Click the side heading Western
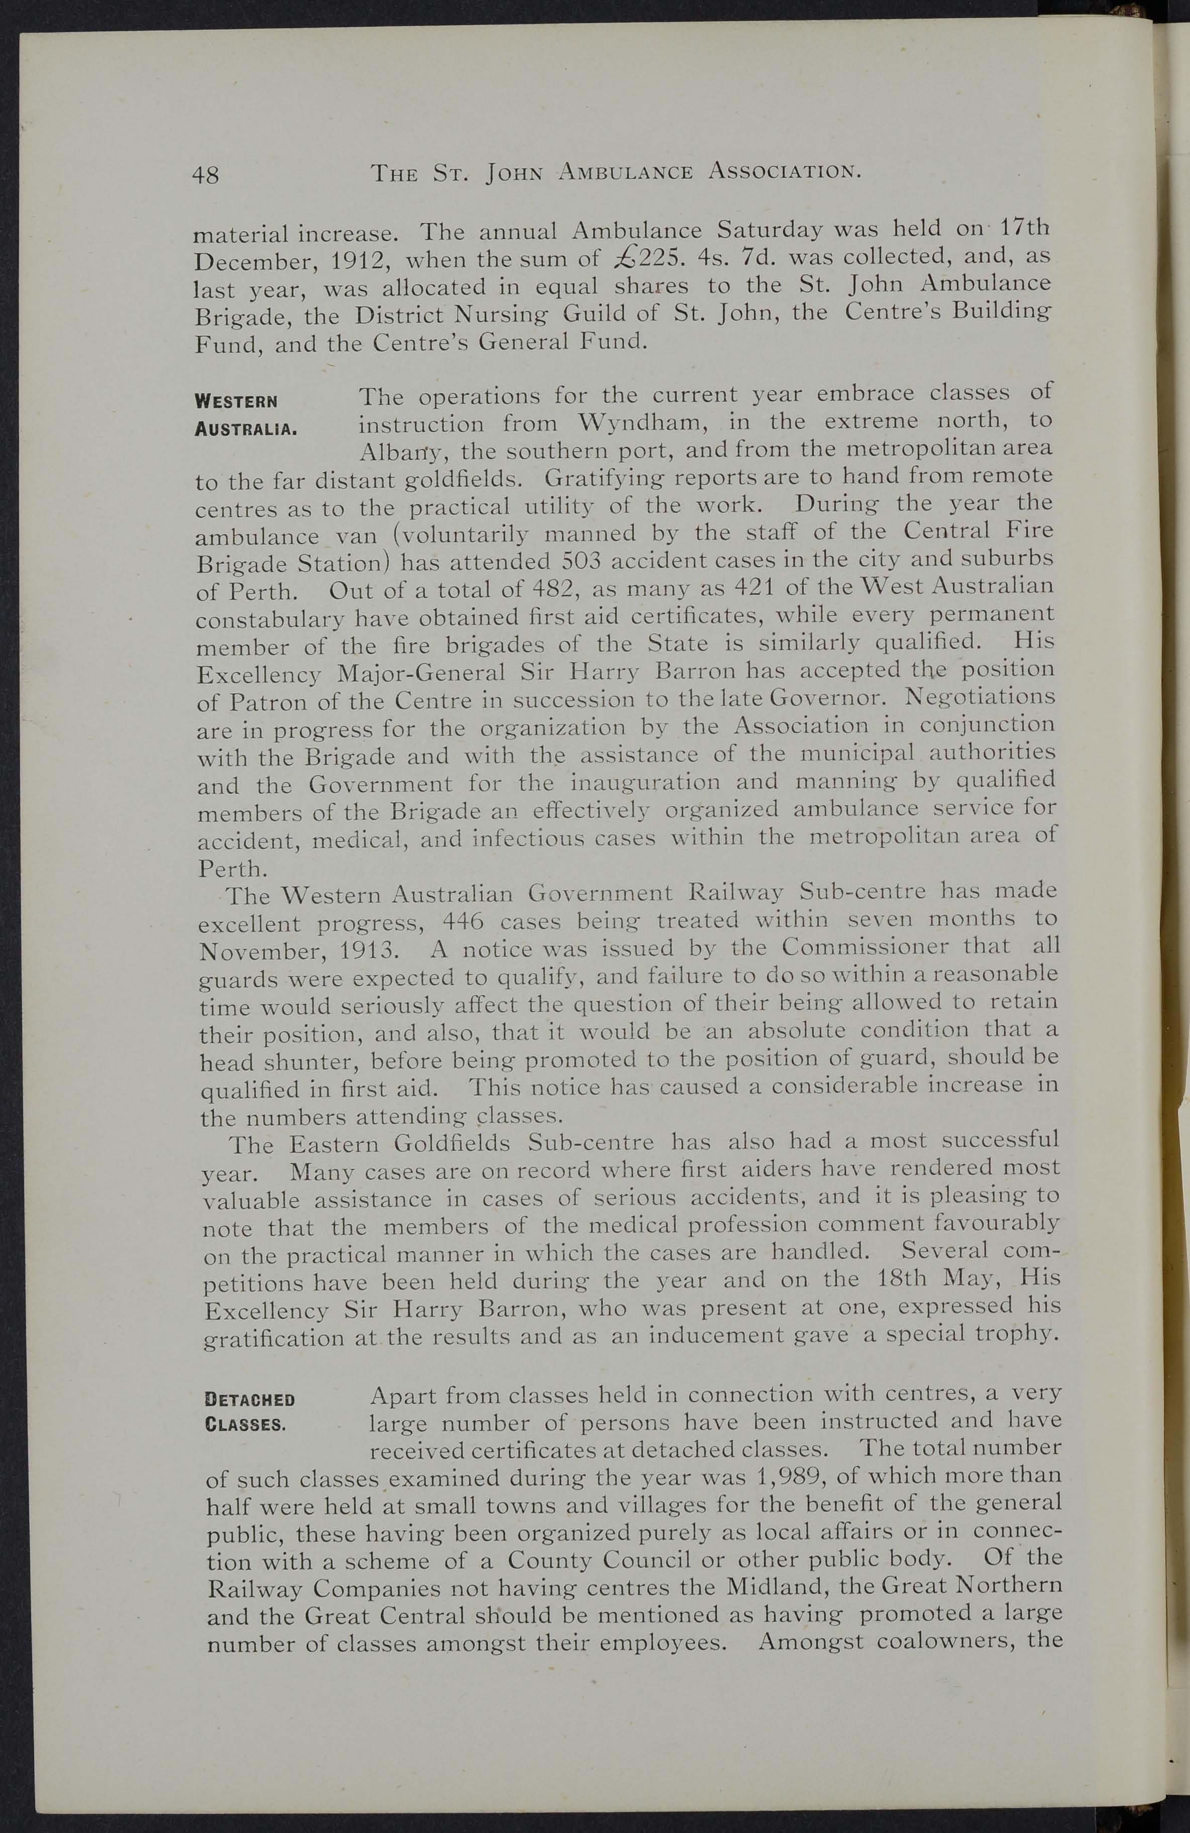pos(237,401)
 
